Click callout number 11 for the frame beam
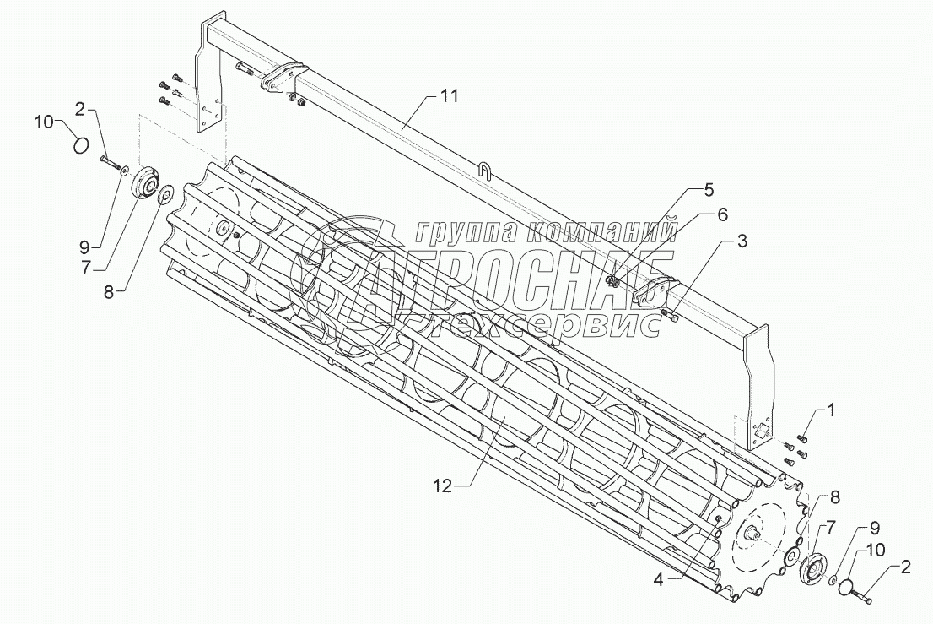[x=448, y=96]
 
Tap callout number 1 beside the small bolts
[x=831, y=410]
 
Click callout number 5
[x=722, y=214]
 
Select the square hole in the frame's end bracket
[x=760, y=430]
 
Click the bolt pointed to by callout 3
[x=671, y=316]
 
